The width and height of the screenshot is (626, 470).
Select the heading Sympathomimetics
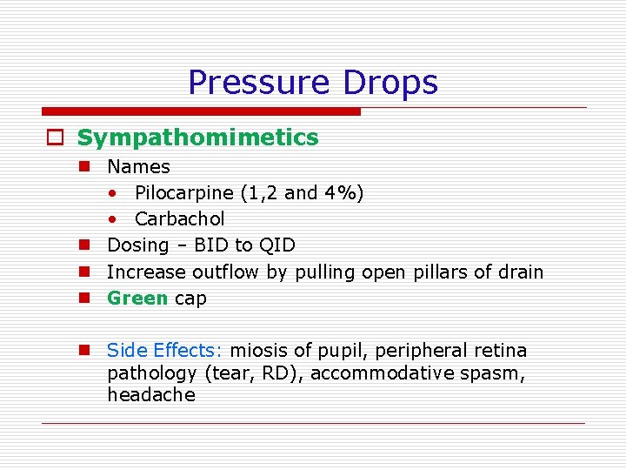(x=197, y=138)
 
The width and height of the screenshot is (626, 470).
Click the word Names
(x=138, y=166)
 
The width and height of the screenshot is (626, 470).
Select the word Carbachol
(x=179, y=218)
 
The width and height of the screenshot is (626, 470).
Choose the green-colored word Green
(x=137, y=298)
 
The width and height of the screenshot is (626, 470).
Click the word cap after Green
(x=190, y=298)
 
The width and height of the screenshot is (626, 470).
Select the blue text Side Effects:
(x=165, y=350)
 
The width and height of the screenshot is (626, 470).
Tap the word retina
(x=497, y=350)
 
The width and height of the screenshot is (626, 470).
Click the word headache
(x=150, y=394)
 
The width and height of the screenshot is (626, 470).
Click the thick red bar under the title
(x=201, y=111)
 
